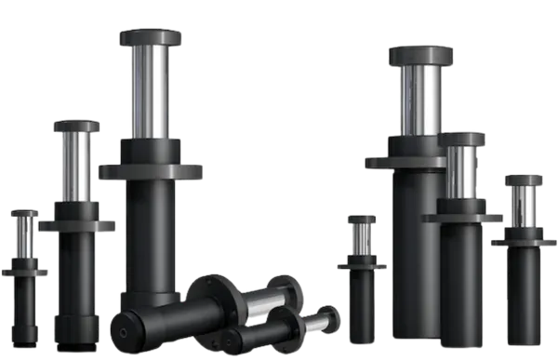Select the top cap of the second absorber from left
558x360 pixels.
[x=77, y=127]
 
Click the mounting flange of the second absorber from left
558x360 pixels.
[x=86, y=225]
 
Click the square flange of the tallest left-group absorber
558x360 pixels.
[x=151, y=172]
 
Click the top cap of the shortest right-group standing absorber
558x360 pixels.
[x=363, y=220]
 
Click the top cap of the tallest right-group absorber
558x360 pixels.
[x=421, y=55]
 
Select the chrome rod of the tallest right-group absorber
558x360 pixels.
[x=420, y=102]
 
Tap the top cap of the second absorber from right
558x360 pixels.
[x=462, y=139]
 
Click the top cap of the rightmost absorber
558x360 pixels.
[x=525, y=180]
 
